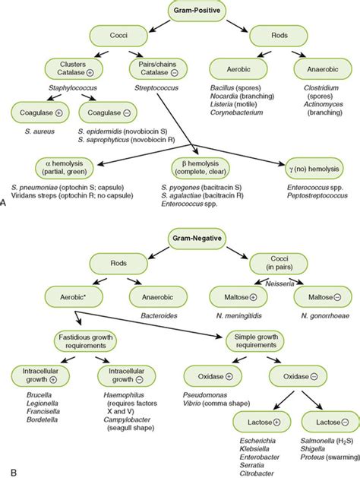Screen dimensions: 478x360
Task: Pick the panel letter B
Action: pyautogui.click(x=5, y=472)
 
